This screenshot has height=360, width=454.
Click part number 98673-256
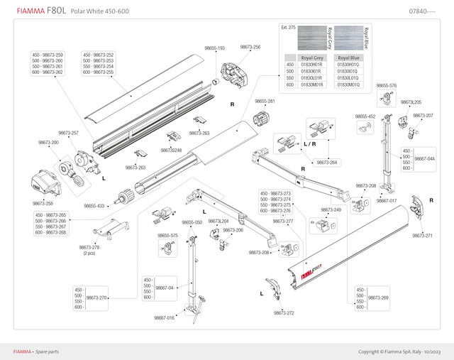point(250,47)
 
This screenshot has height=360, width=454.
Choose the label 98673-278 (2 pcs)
point(89,250)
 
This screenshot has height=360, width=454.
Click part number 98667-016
point(164,318)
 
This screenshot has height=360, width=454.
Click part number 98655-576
point(387,85)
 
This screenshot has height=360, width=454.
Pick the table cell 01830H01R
point(313,65)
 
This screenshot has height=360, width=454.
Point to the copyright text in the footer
point(400,351)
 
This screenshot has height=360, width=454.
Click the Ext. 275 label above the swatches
point(288,27)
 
